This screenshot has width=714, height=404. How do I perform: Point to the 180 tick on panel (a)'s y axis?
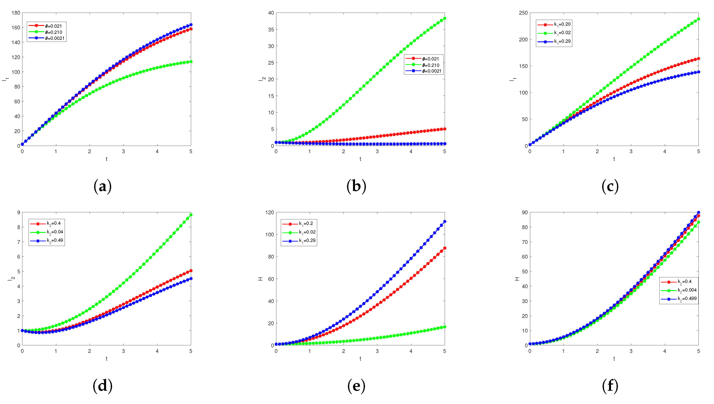16,13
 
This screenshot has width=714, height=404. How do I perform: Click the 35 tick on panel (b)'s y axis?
271,29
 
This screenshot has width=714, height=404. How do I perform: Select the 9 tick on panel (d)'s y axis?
19,213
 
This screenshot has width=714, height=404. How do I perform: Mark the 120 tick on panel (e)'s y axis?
270,213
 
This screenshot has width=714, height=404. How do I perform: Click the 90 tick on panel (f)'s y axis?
524,213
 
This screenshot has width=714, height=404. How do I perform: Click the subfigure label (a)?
102,186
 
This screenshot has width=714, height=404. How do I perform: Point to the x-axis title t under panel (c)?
614,159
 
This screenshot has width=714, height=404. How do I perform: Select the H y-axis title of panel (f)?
517,278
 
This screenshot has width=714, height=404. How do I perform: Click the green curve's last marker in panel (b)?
444,19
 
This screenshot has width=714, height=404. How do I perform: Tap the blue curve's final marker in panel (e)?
444,222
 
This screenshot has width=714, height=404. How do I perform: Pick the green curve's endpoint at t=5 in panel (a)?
191,62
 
